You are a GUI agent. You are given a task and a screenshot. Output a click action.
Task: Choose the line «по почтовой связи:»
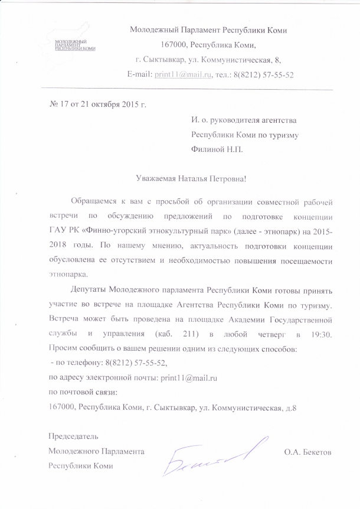[x=83, y=392]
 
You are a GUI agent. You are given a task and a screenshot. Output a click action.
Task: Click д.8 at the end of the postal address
[x=290, y=407]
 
